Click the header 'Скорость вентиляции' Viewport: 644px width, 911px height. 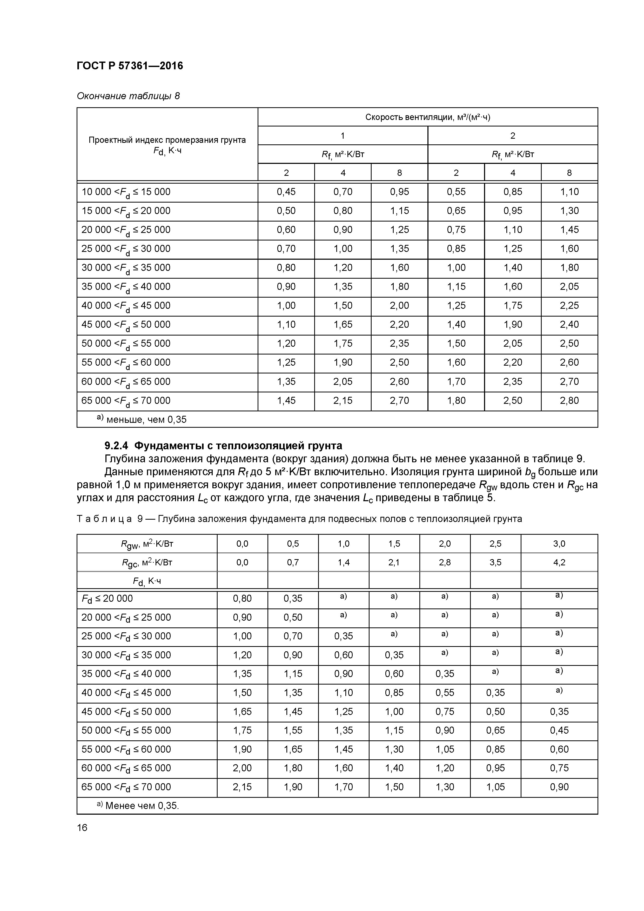(427, 117)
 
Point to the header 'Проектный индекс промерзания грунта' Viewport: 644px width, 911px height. (167, 140)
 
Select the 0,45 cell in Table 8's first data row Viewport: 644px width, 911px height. (286, 192)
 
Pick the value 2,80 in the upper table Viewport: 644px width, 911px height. (569, 400)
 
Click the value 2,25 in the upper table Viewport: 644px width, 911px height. (569, 305)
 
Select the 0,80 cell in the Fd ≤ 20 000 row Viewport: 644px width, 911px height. (242, 599)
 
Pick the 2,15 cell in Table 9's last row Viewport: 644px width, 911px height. (242, 787)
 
